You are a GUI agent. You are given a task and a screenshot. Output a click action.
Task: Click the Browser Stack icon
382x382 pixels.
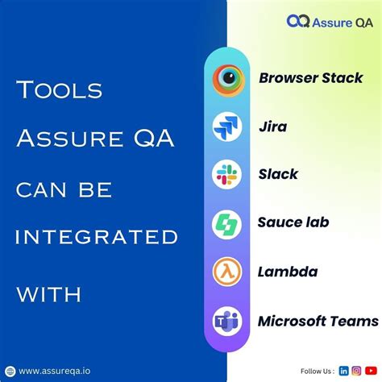click(227, 78)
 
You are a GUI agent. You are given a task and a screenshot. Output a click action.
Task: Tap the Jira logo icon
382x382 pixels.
click(227, 127)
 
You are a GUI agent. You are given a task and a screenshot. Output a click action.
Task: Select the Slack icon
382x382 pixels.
click(227, 174)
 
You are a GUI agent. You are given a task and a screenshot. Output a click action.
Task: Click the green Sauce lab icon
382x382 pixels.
click(227, 223)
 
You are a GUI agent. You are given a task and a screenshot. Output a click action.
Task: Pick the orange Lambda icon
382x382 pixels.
click(227, 272)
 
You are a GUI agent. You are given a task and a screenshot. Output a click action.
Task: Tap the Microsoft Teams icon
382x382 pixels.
click(227, 321)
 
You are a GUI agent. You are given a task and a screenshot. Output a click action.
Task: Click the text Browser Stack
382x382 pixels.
click(310, 78)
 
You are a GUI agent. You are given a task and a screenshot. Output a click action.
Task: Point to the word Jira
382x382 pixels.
click(272, 127)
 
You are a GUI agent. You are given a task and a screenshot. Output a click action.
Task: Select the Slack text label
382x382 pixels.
click(278, 174)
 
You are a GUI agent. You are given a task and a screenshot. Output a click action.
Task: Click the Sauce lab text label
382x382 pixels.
click(293, 222)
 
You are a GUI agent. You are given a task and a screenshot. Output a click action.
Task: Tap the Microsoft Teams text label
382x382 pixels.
click(318, 321)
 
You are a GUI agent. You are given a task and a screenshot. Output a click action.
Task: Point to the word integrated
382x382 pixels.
click(97, 237)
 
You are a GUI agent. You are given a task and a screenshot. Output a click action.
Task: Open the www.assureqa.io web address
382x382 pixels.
click(55, 371)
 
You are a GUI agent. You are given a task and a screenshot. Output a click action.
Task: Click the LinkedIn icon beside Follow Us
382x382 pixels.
click(344, 371)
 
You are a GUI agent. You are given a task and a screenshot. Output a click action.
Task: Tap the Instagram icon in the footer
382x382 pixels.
click(356, 371)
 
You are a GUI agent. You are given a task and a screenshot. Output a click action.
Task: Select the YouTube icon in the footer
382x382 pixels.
click(369, 371)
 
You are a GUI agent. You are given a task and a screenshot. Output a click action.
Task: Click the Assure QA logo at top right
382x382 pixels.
click(330, 21)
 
